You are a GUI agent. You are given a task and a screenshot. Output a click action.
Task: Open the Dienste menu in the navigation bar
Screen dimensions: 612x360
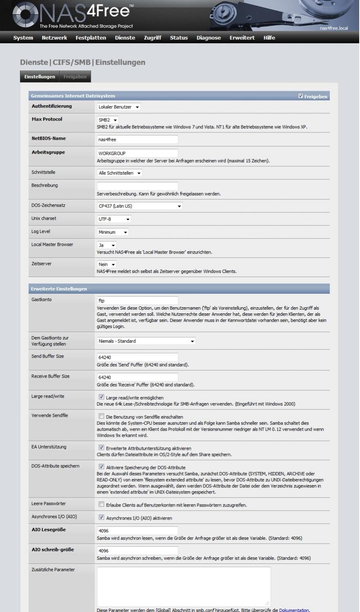click(x=125, y=38)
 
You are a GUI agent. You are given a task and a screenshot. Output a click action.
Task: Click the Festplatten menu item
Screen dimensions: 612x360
click(x=91, y=38)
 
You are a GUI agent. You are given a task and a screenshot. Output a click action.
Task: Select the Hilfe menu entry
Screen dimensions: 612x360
click(x=269, y=38)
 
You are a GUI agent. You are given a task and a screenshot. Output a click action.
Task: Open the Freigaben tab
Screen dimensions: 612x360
click(x=75, y=77)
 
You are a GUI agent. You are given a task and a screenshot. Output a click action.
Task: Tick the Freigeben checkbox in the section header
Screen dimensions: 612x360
click(x=301, y=96)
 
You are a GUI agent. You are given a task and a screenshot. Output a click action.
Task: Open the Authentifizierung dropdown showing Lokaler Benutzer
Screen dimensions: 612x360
click(x=119, y=107)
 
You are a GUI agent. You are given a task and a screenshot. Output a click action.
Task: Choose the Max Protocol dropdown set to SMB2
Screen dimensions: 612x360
click(x=108, y=120)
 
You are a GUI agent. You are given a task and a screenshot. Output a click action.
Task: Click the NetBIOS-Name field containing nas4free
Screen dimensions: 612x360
click(x=137, y=140)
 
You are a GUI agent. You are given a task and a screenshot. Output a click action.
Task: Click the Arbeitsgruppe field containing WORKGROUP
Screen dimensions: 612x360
click(x=137, y=154)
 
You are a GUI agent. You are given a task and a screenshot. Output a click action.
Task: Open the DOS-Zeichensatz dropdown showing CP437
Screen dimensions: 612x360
click(x=140, y=206)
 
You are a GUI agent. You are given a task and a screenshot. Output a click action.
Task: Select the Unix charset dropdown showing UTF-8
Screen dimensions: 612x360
click(x=114, y=219)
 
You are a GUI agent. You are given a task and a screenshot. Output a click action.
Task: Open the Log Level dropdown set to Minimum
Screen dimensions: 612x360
click(x=113, y=232)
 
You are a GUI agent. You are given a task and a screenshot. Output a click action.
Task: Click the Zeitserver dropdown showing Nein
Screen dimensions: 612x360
click(x=107, y=265)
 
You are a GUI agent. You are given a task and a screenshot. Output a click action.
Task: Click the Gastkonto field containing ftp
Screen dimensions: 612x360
click(x=137, y=301)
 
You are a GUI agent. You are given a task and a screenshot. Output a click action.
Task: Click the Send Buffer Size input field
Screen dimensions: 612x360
click(x=137, y=357)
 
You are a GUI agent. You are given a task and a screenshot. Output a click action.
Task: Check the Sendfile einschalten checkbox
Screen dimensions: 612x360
click(x=101, y=416)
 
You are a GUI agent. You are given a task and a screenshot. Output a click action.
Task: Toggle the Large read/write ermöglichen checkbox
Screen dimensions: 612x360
click(x=101, y=397)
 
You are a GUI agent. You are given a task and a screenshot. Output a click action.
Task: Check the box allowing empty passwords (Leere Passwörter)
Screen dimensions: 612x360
click(x=101, y=505)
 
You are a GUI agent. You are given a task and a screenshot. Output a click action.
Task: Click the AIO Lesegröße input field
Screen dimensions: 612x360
click(x=137, y=531)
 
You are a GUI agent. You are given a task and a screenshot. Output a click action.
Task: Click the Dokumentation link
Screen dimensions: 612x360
click(x=294, y=610)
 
